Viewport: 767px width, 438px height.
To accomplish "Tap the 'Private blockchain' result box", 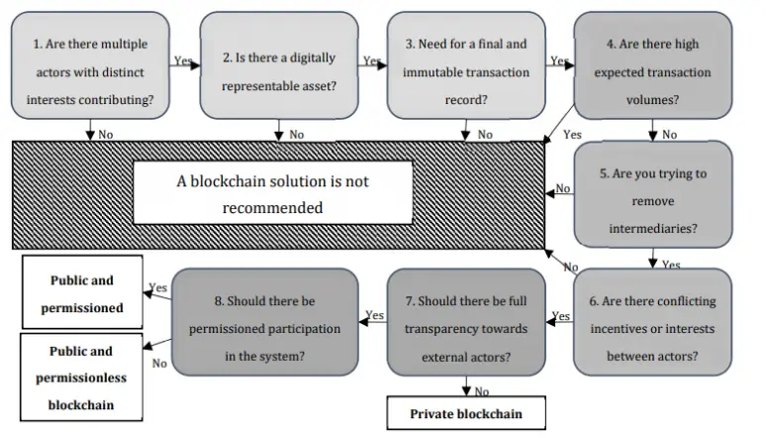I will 465,413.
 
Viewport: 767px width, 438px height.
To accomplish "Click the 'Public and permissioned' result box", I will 82,293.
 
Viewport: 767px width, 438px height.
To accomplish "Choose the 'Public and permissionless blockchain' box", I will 82,377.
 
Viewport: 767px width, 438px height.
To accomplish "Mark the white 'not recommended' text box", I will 272,194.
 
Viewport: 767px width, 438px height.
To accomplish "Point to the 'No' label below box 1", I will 106,135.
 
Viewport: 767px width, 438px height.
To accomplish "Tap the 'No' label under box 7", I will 482,390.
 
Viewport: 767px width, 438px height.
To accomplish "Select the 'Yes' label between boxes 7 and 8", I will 375,315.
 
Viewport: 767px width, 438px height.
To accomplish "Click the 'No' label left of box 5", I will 563,188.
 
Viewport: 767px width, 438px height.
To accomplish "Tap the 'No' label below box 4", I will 670,135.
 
